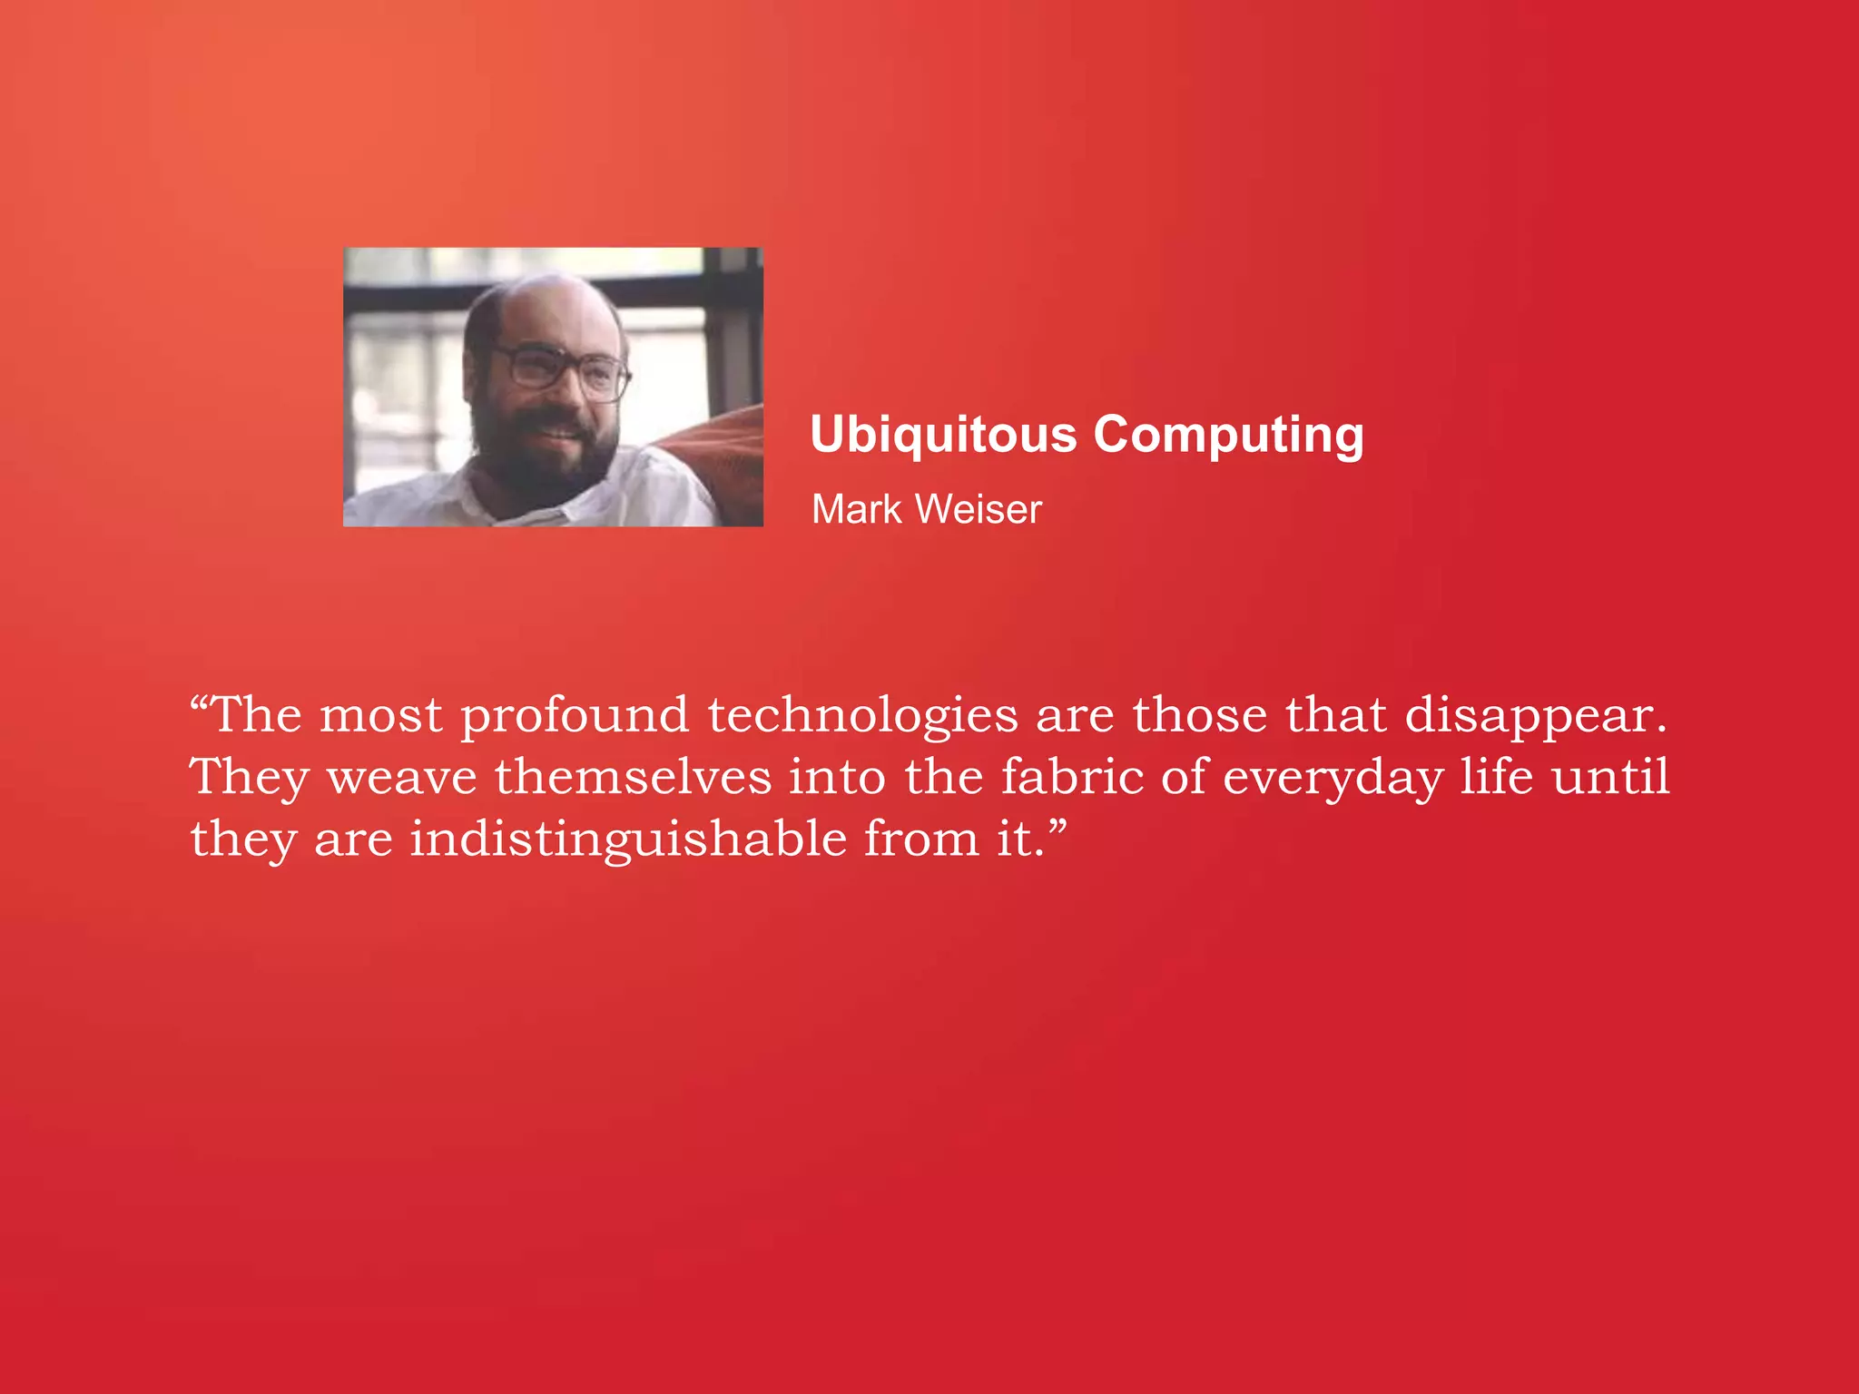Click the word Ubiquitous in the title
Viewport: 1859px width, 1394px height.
click(943, 435)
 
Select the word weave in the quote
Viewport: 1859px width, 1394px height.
click(401, 778)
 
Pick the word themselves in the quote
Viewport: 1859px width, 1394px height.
click(633, 778)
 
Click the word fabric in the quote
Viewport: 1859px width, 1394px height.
click(1072, 778)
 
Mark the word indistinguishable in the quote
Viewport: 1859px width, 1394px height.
click(627, 839)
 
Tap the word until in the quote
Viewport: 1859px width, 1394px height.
click(1610, 778)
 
